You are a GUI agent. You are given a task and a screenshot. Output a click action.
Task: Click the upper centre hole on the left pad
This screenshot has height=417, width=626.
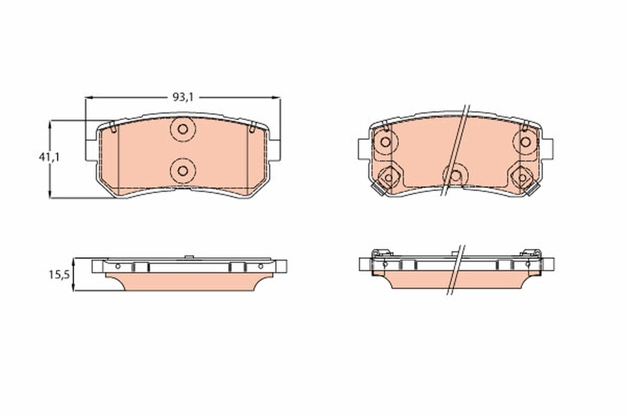point(183,129)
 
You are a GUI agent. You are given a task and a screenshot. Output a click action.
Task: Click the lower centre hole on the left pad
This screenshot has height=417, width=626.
point(183,170)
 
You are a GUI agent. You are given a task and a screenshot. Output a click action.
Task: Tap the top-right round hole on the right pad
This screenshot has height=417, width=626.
point(525,141)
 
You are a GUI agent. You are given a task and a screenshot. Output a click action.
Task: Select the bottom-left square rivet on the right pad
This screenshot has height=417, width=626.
point(389,178)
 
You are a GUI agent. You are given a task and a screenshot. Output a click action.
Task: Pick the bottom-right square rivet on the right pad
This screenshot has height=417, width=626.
point(522,178)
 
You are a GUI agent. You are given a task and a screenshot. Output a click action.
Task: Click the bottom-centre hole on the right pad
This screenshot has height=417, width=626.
point(455,176)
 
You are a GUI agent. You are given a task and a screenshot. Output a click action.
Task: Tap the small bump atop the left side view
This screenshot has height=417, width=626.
point(189,256)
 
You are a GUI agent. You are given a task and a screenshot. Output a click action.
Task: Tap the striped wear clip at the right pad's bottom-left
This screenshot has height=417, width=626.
point(379,191)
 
